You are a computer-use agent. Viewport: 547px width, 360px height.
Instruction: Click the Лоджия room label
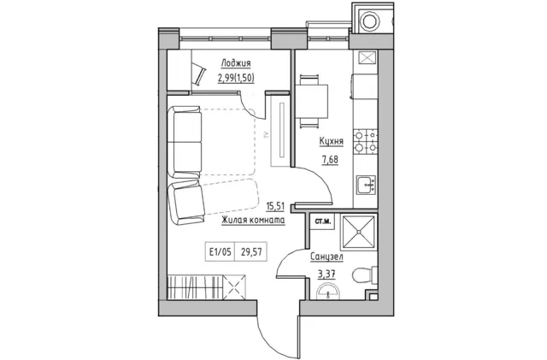pos(236,63)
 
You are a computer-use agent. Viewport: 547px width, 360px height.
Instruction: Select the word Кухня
pos(331,141)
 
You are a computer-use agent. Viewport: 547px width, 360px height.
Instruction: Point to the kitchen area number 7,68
pos(330,160)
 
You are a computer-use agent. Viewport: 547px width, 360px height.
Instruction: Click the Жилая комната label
pos(253,220)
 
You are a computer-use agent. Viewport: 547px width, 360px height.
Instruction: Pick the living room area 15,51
pos(275,206)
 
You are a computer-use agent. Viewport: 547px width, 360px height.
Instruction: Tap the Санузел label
pos(326,257)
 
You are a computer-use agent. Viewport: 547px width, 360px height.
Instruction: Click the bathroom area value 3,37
pos(326,274)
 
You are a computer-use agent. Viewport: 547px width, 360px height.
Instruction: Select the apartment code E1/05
pos(221,251)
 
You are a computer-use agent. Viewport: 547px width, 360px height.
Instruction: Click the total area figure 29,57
pos(251,251)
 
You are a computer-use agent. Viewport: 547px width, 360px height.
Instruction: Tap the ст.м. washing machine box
pos(323,221)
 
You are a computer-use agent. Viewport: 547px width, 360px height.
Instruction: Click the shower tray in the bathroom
pos(359,232)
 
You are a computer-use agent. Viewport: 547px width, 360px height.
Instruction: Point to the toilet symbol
pos(365,274)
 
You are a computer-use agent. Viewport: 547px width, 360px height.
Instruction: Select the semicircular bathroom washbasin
pos(327,292)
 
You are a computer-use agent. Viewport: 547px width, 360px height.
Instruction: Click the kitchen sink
pos(366,185)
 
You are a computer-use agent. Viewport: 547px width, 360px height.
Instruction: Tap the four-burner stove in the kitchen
pos(365,141)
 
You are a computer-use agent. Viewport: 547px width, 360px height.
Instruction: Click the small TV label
pos(266,134)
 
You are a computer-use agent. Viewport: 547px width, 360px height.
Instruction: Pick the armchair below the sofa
pos(186,203)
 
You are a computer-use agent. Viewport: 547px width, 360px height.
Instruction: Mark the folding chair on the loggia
pos(199,74)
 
